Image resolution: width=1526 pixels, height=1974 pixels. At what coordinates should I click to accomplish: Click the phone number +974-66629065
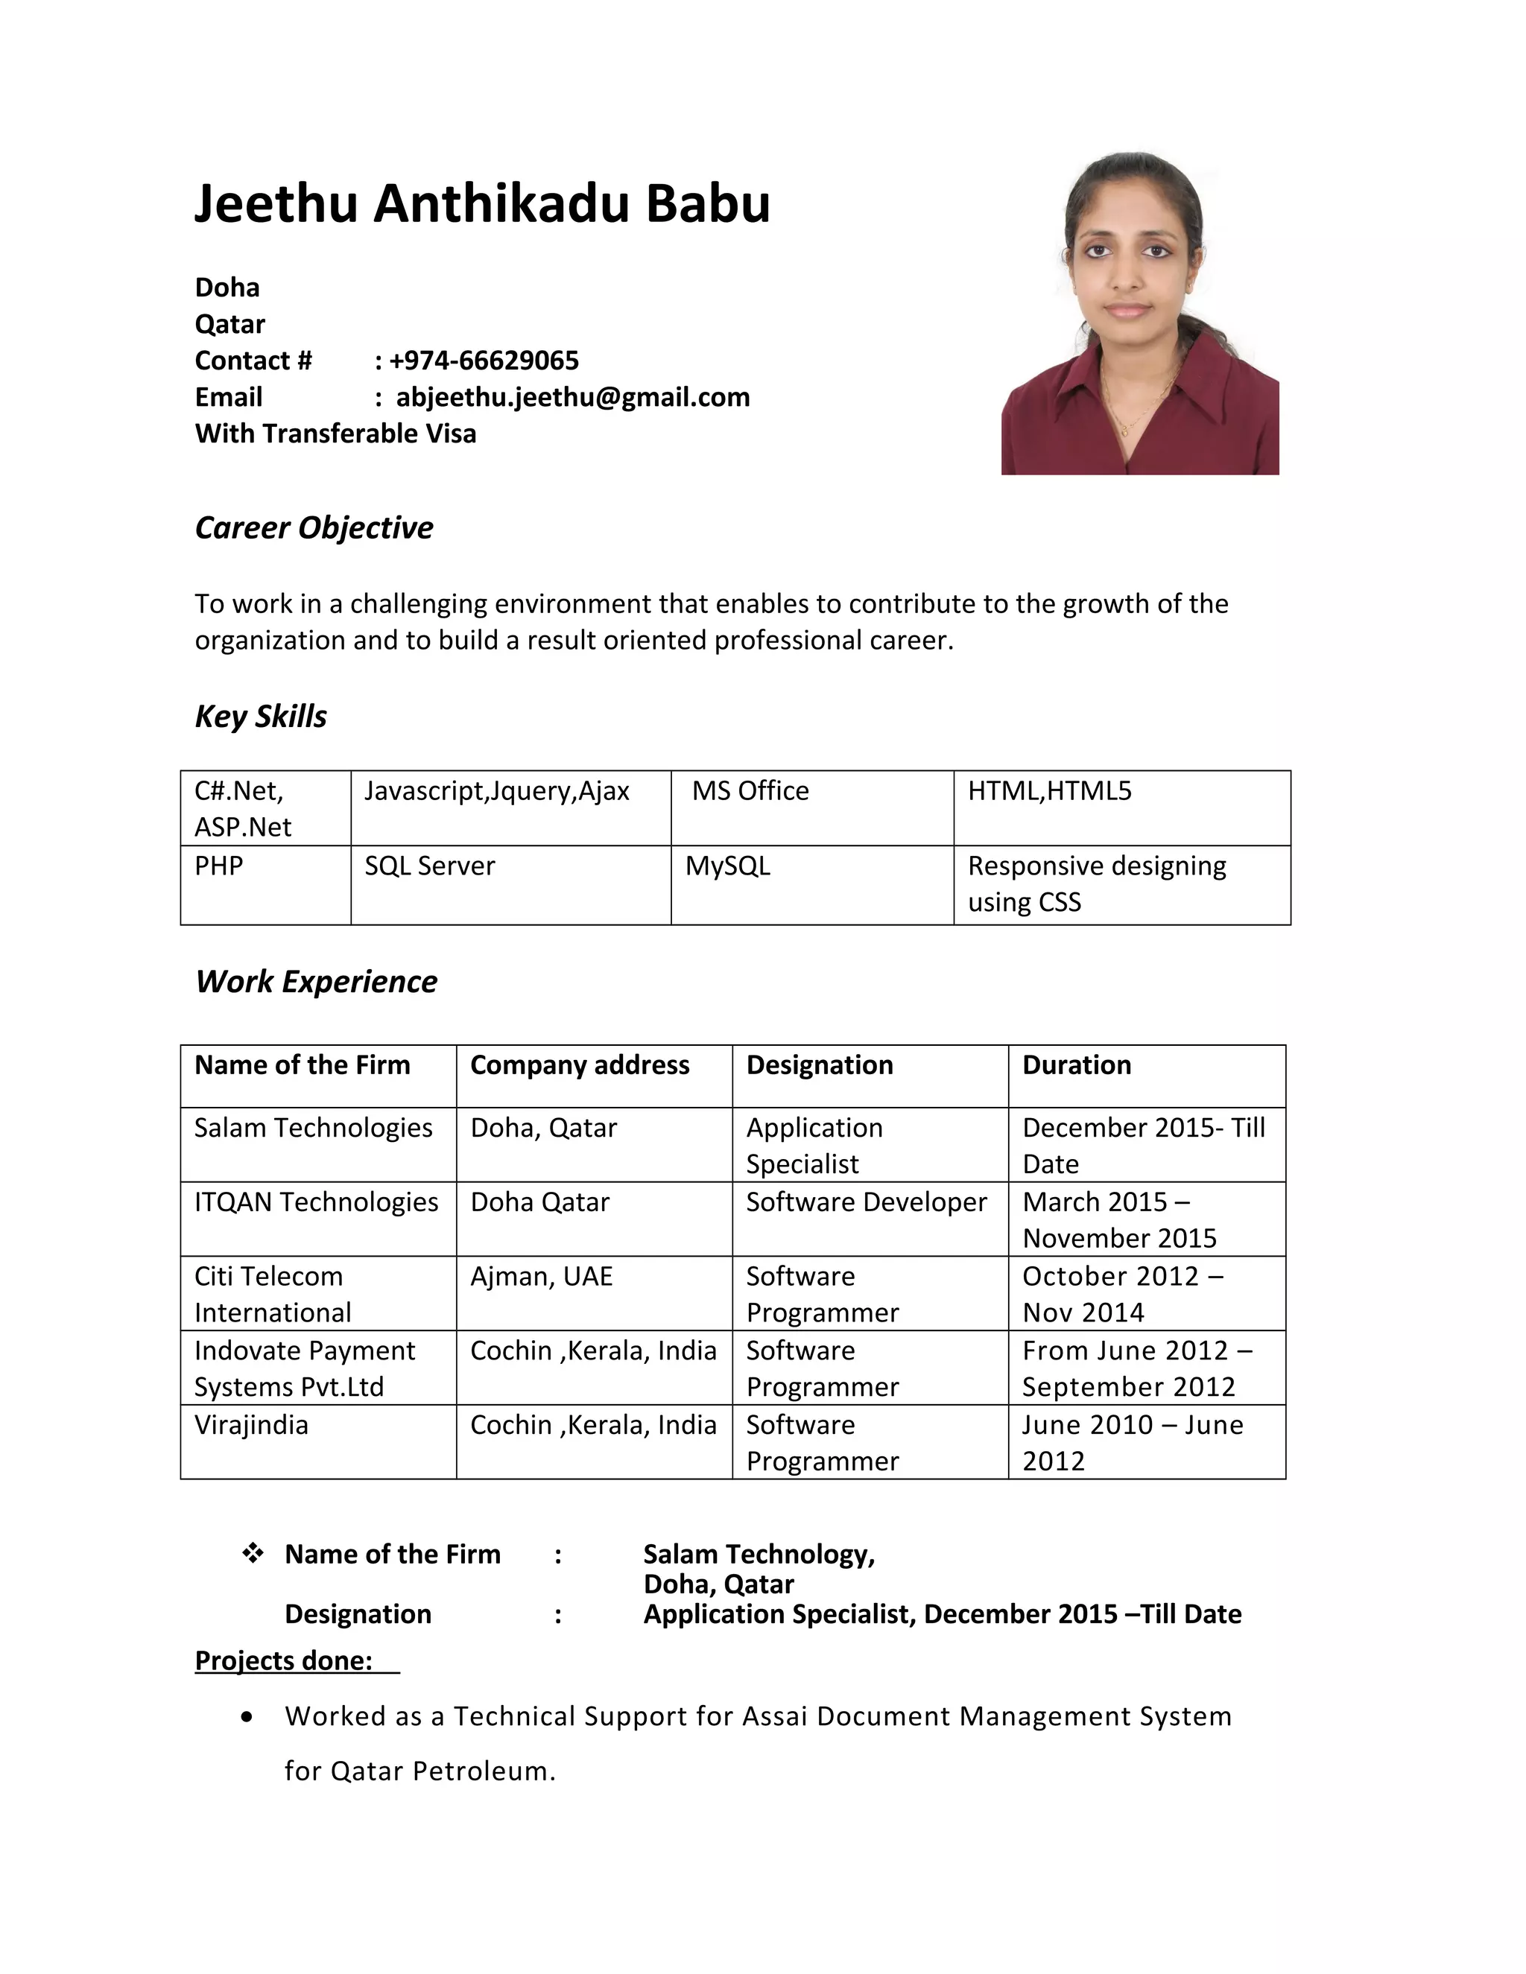pos(484,361)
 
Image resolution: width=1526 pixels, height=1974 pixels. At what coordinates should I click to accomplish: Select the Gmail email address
pos(572,397)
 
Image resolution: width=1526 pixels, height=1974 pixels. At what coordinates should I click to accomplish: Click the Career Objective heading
pos(314,528)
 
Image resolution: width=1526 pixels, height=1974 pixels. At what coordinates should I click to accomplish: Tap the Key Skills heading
pos(260,716)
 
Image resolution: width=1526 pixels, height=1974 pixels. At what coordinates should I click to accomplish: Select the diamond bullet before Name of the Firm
pos(253,1554)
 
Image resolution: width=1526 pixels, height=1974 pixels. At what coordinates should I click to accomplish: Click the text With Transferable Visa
pos(335,434)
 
